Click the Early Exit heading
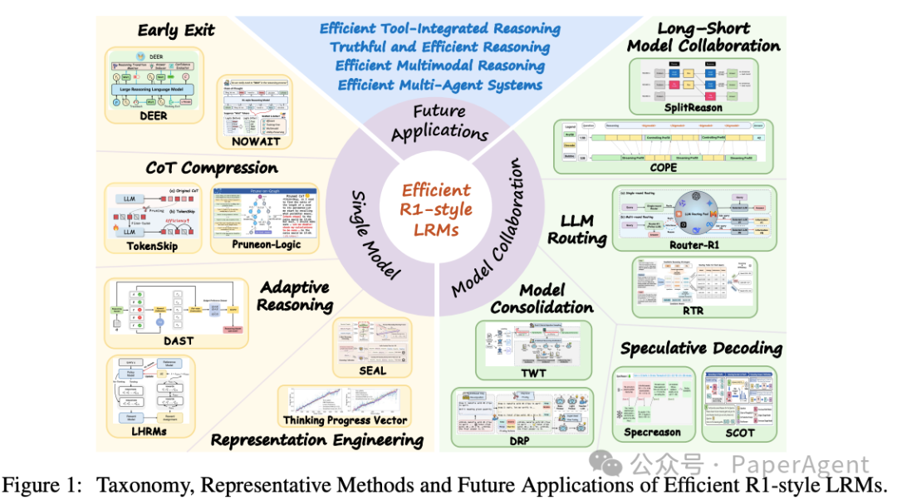175,31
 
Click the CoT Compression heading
200,168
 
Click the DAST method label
174,340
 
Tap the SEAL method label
372,370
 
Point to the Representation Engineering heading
316,440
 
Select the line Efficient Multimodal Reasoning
440,66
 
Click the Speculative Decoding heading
701,348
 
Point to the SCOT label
739,432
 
